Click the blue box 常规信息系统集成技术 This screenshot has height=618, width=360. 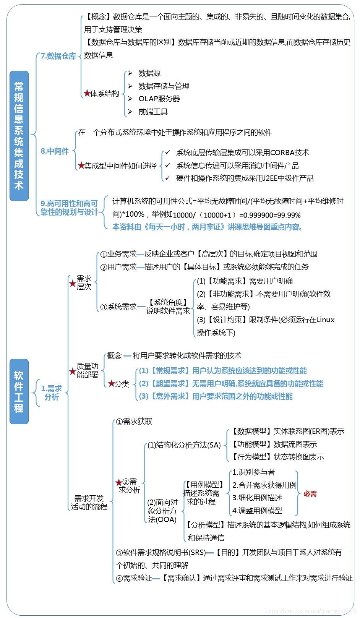(19, 136)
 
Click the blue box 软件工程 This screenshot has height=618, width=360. (19, 391)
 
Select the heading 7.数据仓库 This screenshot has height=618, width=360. (58, 56)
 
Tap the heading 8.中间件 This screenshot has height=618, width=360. (55, 151)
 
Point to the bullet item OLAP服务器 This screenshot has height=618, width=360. (159, 99)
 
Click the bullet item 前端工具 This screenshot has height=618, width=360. (153, 112)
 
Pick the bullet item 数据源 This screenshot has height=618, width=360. (149, 73)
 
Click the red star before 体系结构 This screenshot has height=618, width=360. (87, 93)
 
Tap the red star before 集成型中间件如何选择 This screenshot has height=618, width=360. (81, 165)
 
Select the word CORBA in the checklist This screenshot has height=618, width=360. (282, 152)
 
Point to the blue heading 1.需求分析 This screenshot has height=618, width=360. (52, 393)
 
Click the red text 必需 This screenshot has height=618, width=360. (310, 494)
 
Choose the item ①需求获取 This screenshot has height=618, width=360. (134, 421)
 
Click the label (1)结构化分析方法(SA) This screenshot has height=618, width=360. (184, 445)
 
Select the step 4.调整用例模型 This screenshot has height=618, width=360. (257, 510)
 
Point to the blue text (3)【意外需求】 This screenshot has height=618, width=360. (164, 396)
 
